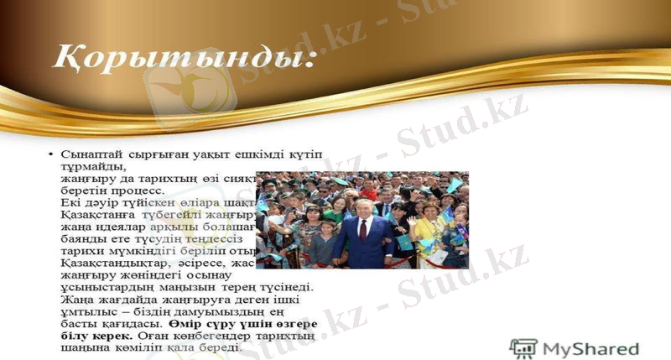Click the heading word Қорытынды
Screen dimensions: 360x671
(179, 57)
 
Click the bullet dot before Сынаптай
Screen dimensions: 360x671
(52, 155)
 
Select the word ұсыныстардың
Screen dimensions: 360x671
(101, 286)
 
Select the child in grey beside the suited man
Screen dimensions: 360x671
(323, 243)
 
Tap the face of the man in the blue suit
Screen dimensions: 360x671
(362, 205)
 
